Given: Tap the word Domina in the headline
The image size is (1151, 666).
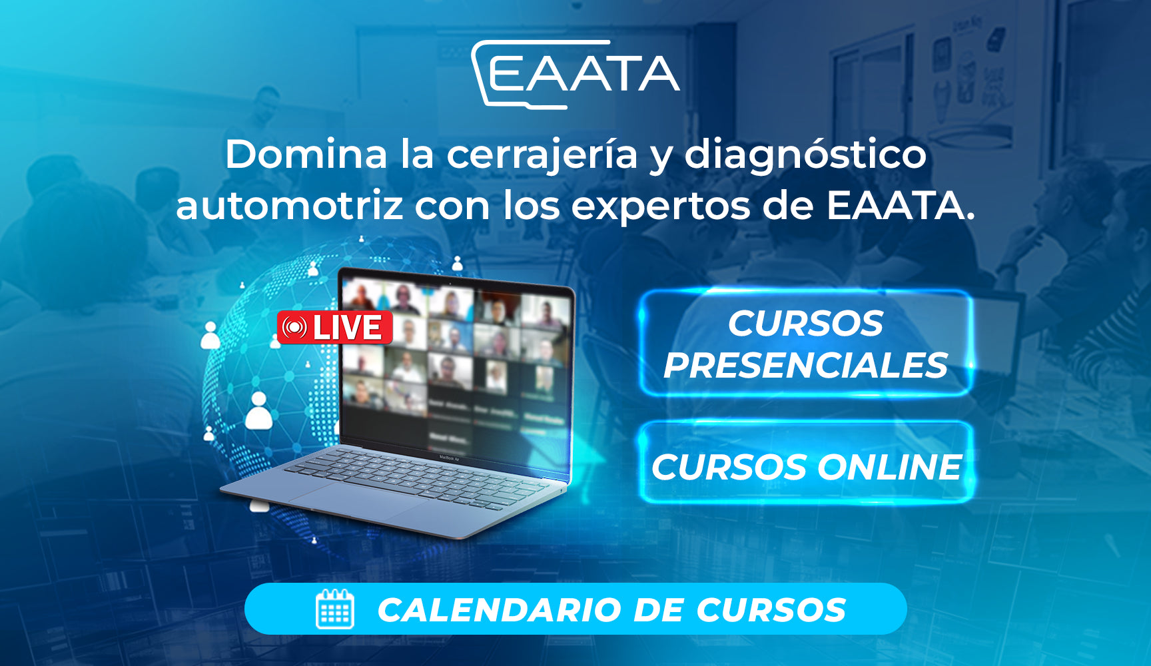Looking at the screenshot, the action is (306, 155).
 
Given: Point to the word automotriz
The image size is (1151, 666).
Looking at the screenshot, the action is (290, 206).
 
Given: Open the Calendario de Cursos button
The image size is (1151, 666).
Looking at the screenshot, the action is (575, 609).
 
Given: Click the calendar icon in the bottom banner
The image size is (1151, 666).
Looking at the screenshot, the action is (335, 609).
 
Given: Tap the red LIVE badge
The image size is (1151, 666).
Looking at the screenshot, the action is (334, 328).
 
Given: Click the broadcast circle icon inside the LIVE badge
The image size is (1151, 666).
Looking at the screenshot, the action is (294, 328).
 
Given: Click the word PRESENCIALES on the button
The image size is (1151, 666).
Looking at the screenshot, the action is (805, 366).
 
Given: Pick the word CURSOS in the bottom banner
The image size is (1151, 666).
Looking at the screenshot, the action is (771, 610).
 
